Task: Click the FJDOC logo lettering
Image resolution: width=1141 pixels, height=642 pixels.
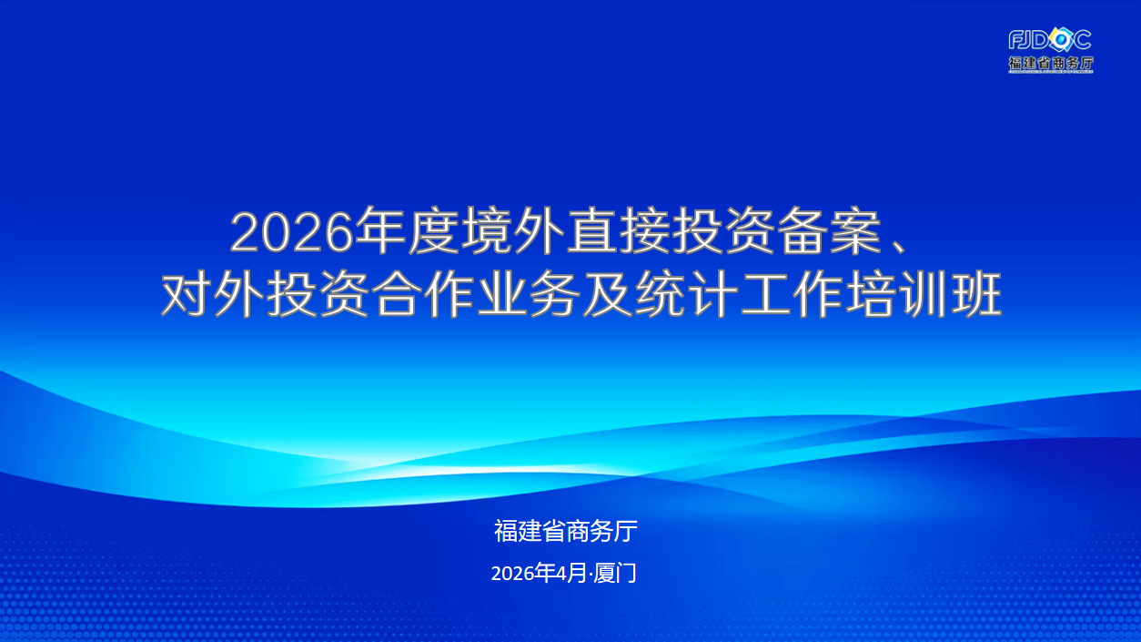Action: [x=1050, y=40]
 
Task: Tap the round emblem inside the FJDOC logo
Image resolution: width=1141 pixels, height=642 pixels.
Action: [x=1062, y=40]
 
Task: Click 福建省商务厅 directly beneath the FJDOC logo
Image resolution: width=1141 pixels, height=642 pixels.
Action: [x=1051, y=63]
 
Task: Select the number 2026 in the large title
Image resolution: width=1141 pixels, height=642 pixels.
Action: [x=292, y=233]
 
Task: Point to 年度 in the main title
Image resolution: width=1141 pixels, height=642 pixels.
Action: [x=407, y=231]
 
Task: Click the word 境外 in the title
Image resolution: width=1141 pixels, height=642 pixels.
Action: [x=513, y=231]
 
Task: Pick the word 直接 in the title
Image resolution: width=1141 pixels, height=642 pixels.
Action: [x=619, y=231]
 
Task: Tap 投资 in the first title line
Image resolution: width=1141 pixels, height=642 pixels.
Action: [x=725, y=231]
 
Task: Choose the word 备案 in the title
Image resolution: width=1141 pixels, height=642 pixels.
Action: [x=831, y=231]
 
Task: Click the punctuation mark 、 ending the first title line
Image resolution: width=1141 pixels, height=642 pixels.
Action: [x=899, y=246]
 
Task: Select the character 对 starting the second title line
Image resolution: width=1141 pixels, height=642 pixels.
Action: [x=187, y=295]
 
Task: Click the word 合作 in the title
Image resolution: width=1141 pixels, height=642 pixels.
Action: [x=424, y=295]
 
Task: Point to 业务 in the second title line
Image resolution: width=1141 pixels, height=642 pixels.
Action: [x=530, y=295]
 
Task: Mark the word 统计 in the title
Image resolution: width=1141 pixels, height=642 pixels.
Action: [x=688, y=295]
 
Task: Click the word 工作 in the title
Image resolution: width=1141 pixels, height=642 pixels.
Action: [x=793, y=295]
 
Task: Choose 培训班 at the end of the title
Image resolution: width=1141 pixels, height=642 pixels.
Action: [x=925, y=295]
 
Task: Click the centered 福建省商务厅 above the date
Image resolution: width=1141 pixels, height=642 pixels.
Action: [x=565, y=531]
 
